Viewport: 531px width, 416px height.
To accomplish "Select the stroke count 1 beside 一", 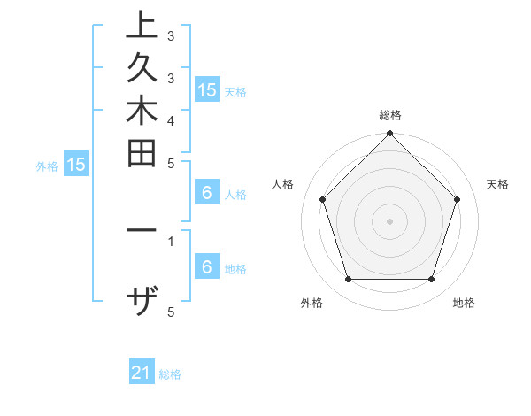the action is click(170, 240).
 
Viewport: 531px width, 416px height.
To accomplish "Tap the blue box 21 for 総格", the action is click(142, 374).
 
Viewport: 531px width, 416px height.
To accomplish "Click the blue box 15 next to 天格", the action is click(207, 89).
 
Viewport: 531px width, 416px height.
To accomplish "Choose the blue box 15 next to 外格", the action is click(76, 164).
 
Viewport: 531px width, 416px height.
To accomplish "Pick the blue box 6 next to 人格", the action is click(207, 194).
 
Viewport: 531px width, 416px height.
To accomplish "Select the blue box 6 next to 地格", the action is click(207, 267).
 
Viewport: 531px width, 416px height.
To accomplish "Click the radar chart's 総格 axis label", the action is click(389, 115).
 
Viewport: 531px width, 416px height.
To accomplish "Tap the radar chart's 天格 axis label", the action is click(497, 184).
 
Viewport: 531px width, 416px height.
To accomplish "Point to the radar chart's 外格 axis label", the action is click(312, 303).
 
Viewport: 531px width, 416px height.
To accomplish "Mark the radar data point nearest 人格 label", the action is click(323, 199).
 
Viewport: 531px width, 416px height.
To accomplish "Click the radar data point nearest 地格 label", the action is click(431, 279).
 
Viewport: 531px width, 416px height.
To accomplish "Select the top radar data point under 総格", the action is click(389, 135).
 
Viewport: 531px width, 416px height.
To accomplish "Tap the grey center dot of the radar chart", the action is click(389, 220).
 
